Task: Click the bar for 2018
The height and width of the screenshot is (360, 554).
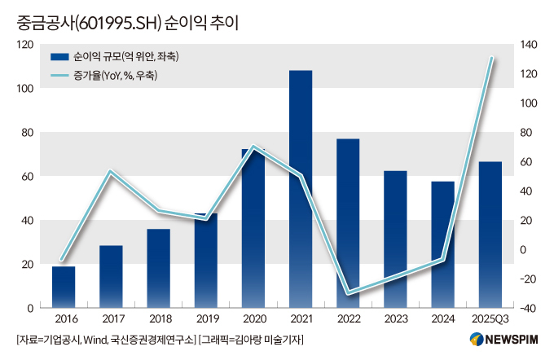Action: pyautogui.click(x=159, y=268)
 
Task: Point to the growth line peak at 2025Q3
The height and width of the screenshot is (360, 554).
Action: pyautogui.click(x=491, y=58)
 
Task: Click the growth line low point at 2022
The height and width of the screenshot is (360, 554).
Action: pyautogui.click(x=348, y=293)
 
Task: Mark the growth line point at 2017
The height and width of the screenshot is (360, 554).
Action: pyautogui.click(x=111, y=171)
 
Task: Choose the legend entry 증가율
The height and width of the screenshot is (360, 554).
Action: pyautogui.click(x=113, y=76)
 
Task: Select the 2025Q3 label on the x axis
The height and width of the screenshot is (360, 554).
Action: pyautogui.click(x=490, y=319)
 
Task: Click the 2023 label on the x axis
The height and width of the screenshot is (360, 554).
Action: pyautogui.click(x=395, y=319)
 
